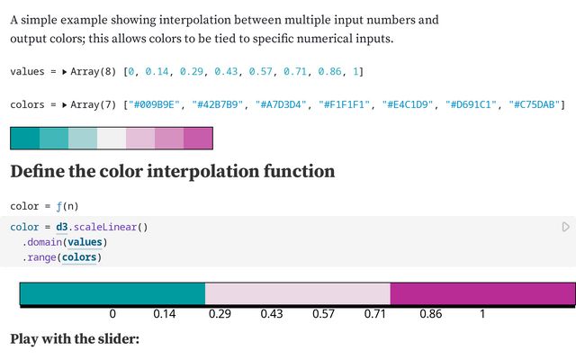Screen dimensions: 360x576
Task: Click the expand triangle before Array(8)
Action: point(65,71)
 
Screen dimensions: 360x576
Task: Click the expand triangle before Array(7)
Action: point(65,105)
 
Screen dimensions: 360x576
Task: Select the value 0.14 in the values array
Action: point(159,71)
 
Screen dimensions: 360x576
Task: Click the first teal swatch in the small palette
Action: point(25,138)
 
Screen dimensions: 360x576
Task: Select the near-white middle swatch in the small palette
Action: point(112,138)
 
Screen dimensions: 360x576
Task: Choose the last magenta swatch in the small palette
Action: point(198,138)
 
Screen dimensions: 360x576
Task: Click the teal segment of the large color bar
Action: point(112,293)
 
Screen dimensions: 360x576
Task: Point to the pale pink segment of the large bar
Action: point(298,293)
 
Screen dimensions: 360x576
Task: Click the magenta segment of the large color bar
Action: point(482,293)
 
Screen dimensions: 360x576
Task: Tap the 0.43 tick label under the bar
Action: point(272,315)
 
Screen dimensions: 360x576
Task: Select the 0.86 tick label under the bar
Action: point(430,315)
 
